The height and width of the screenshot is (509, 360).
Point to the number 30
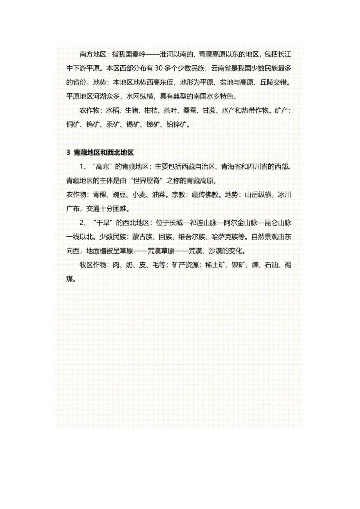(159, 68)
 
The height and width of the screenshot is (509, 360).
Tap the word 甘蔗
(209, 110)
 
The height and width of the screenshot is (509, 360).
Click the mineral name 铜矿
(73, 125)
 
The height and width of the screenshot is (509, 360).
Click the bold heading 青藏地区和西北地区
(104, 153)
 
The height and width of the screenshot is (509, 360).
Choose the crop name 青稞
(99, 195)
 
